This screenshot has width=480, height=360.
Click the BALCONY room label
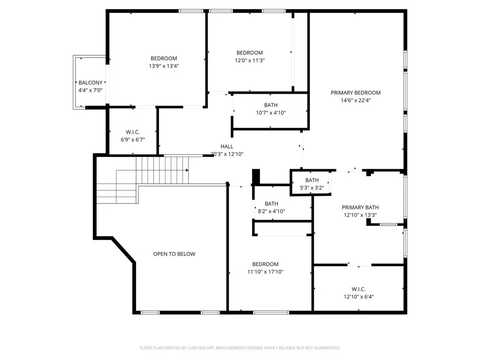pos(90,83)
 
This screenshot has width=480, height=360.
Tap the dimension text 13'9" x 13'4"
pos(164,66)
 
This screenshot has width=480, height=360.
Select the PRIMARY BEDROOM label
pos(355,93)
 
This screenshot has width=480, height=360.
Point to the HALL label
pos(227,147)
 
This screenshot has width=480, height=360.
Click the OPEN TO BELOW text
pos(174,254)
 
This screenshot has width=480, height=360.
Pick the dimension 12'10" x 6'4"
pos(359,296)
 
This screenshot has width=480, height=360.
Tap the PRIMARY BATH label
pos(360,208)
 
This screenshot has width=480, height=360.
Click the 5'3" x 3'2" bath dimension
pos(312,188)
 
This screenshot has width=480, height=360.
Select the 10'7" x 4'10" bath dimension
pos(271,112)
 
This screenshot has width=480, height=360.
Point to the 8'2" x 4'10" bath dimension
pos(271,211)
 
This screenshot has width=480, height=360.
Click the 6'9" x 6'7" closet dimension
pos(133,140)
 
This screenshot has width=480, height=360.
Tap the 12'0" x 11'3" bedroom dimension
pos(250,60)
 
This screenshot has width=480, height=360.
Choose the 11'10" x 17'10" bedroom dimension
pos(265,272)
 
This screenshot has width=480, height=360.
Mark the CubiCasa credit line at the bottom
pos(240,348)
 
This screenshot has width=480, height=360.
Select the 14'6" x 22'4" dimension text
pos(355,100)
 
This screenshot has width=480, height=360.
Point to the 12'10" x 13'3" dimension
pos(360,215)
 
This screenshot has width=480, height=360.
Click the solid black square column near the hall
pos(256,177)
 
